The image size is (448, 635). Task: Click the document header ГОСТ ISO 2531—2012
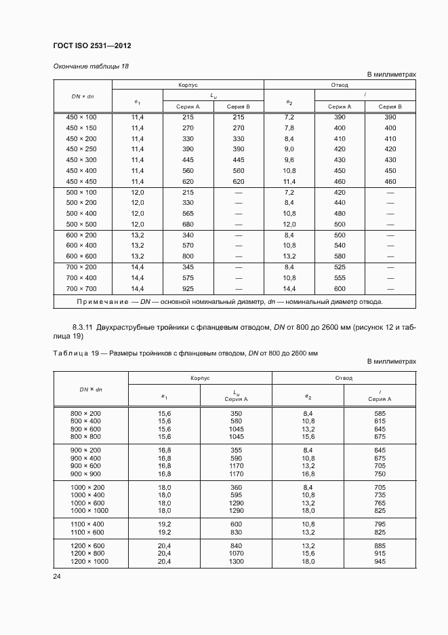pos(91,45)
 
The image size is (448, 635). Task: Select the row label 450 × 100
pos(81,117)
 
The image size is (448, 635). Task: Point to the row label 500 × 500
pos(81,224)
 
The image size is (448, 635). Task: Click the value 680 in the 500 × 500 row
pos(188,224)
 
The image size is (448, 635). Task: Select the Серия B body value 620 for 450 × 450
pos(238,182)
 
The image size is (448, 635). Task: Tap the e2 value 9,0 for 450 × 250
pos(289,149)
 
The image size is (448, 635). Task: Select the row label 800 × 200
pos(86,412)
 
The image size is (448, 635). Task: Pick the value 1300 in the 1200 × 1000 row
pos(235,562)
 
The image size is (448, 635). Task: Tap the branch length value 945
pos(379,562)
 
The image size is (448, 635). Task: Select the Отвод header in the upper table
pos(340,85)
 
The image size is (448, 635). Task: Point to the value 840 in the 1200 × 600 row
pos(235,546)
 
